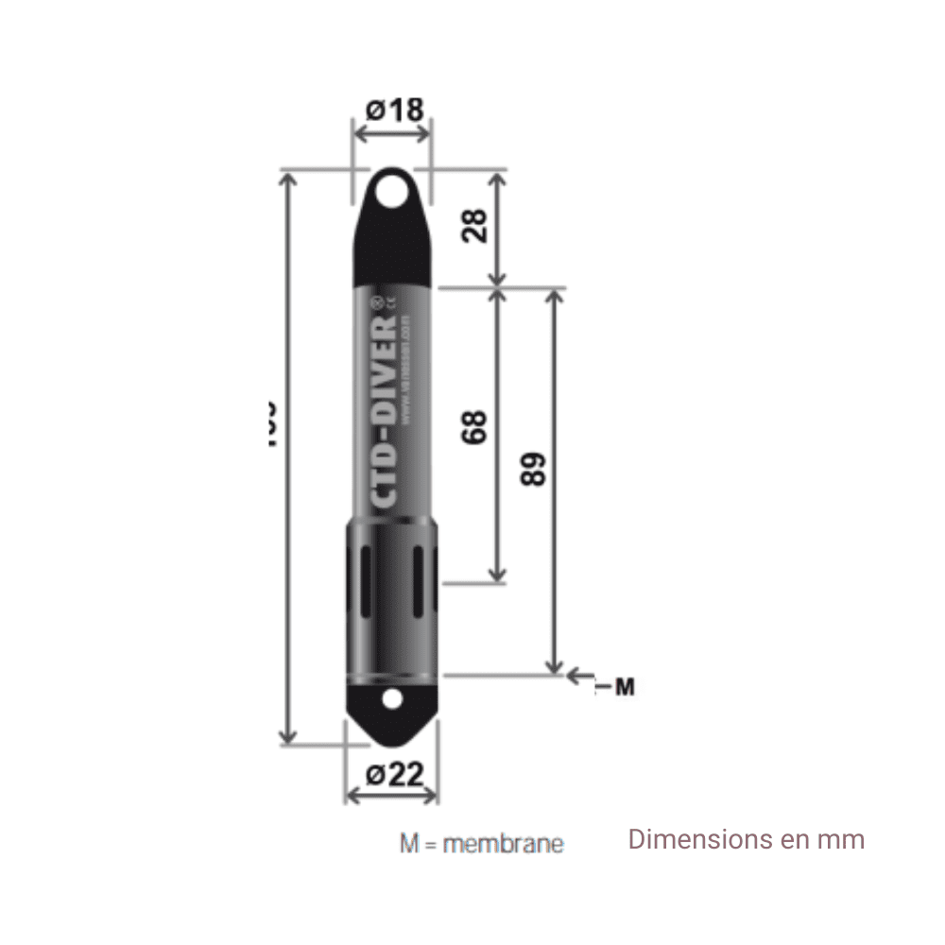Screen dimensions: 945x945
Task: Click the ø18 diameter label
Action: tap(394, 110)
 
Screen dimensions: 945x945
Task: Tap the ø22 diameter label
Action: tap(394, 775)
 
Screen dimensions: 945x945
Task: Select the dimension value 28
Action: tap(475, 226)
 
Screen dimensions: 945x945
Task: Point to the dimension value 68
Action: tap(475, 426)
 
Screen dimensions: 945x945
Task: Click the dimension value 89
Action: tap(534, 469)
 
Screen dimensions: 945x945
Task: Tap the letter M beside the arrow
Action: tap(624, 687)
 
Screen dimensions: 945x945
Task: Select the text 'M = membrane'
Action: tap(481, 843)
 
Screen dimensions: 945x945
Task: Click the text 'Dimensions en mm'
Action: tap(747, 839)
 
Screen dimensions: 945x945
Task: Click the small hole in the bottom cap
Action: tap(392, 699)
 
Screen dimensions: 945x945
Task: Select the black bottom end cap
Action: tap(392, 709)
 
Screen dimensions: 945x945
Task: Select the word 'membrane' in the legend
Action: tap(503, 843)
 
